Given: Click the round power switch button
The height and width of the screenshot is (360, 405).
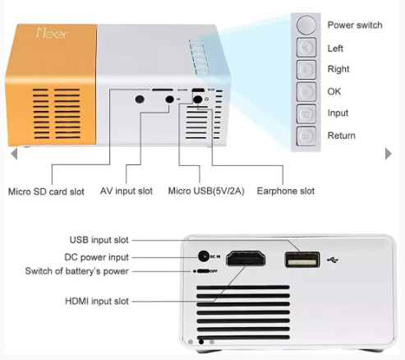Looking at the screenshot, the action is click(306, 25).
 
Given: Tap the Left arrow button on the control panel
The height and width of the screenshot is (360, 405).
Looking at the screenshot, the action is click(306, 48).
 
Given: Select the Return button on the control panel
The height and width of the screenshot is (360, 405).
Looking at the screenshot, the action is click(306, 136).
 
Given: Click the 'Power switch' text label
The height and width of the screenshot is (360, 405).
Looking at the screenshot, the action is click(355, 25).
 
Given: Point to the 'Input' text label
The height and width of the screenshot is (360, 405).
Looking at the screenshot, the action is click(338, 113).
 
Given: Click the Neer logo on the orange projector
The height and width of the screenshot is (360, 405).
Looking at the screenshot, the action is click(52, 33).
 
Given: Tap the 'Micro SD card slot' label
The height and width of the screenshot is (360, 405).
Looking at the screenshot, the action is click(46, 192).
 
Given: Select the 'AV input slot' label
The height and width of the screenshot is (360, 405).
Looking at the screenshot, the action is click(127, 191).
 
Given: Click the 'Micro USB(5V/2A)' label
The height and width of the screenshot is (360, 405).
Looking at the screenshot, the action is click(206, 191).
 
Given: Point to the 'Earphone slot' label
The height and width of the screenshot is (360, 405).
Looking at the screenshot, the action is click(286, 191).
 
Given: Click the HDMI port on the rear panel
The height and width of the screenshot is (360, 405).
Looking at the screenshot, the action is click(246, 259).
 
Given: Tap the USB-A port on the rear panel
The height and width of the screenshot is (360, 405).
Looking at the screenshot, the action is click(302, 260).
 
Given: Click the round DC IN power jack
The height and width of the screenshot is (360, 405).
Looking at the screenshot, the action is click(204, 256).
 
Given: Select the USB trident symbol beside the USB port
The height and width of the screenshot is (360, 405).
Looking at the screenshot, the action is click(333, 260).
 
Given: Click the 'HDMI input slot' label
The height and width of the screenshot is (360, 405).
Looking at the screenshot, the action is click(97, 301).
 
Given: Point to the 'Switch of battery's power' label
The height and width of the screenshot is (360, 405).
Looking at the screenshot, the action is click(76, 271).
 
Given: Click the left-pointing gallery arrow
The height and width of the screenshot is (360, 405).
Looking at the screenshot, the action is click(14, 154).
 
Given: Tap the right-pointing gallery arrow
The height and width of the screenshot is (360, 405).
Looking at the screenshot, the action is click(389, 154).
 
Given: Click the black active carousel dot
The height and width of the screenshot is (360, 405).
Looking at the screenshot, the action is click(201, 342).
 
